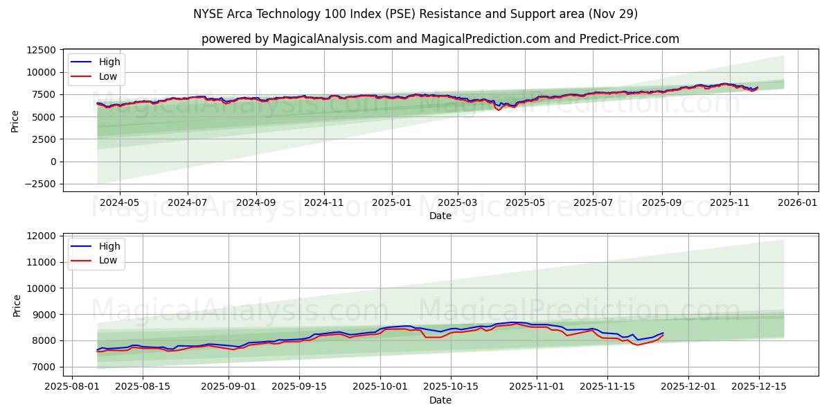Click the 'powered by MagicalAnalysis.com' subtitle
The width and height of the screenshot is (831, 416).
(x=440, y=39)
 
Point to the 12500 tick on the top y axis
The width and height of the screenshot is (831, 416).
(x=40, y=50)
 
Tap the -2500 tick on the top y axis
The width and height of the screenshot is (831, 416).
(x=40, y=184)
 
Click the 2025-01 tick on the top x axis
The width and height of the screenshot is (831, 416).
(x=391, y=202)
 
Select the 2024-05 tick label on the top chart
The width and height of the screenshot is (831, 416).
(x=119, y=202)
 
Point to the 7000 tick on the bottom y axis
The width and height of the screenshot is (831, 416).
(x=46, y=367)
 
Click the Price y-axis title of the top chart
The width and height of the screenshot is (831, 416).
(x=15, y=121)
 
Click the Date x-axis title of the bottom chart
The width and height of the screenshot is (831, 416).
(x=440, y=400)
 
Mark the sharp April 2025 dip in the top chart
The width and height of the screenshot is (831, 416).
(x=498, y=110)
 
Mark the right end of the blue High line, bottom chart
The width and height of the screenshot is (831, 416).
(x=663, y=333)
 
